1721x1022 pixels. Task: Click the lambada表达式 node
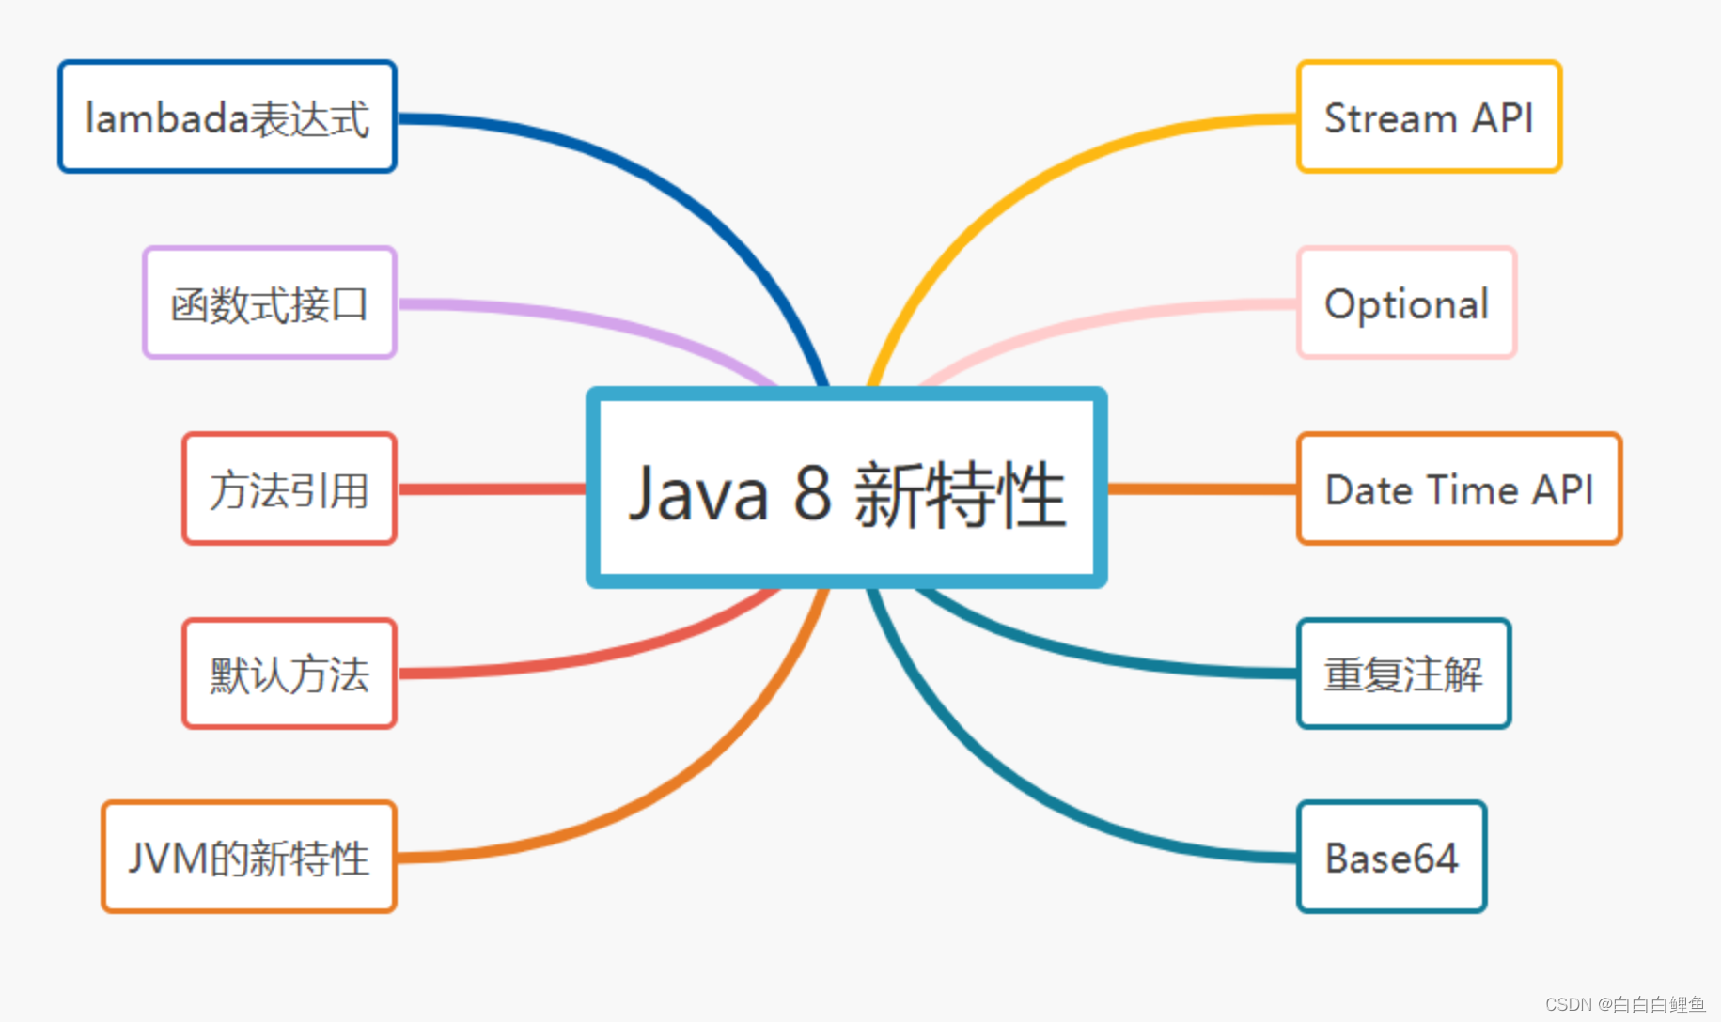click(x=227, y=117)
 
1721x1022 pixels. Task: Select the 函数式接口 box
click(x=270, y=303)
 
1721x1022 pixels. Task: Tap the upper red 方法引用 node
click(x=289, y=489)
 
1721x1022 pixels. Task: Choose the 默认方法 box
click(x=289, y=674)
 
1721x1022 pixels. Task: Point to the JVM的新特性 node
click(x=249, y=858)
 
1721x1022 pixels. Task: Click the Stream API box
click(x=1429, y=117)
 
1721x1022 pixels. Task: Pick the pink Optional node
click(x=1406, y=303)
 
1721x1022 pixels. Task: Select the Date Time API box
click(x=1459, y=489)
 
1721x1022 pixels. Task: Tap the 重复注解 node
click(x=1403, y=674)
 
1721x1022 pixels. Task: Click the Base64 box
click(x=1391, y=858)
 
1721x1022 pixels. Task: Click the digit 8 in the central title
click(x=812, y=493)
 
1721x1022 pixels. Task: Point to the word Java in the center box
click(x=698, y=493)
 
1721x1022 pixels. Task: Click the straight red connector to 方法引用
click(x=492, y=488)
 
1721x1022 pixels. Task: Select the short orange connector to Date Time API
click(x=1202, y=488)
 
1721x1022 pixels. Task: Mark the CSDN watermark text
click(x=1624, y=1004)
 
